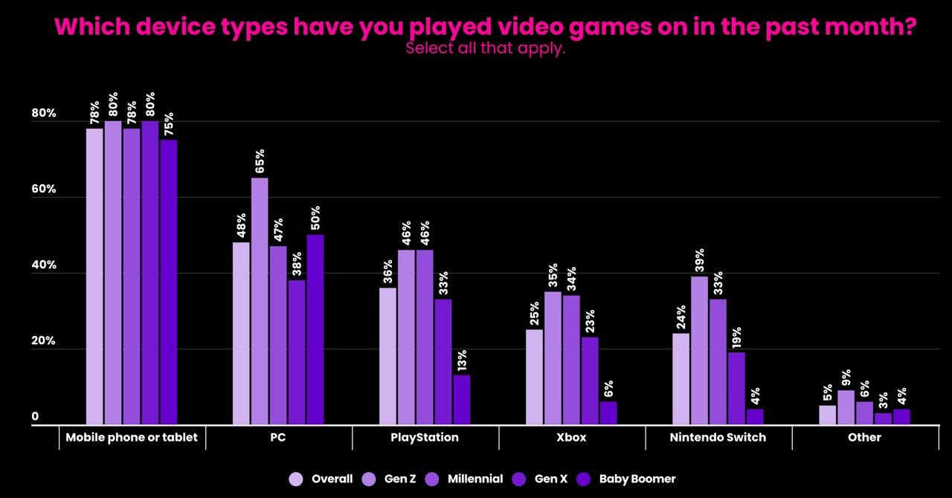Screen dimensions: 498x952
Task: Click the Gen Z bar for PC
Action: coord(260,301)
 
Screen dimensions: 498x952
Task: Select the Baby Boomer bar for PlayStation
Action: coord(461,400)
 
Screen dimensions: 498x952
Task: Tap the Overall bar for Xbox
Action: coord(534,377)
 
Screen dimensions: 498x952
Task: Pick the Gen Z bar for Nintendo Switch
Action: coord(699,350)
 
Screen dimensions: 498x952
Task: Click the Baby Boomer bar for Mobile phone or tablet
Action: coord(168,282)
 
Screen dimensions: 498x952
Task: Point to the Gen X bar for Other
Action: coord(883,419)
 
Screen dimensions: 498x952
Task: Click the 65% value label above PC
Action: coord(260,161)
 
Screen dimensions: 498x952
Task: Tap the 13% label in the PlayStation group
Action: coord(461,360)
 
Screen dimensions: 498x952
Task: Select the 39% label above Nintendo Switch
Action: coord(699,261)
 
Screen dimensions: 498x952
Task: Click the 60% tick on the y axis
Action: coord(44,190)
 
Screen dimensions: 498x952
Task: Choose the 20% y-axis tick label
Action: coord(44,342)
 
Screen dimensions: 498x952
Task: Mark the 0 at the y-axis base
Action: coord(35,418)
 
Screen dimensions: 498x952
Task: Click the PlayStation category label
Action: coord(425,437)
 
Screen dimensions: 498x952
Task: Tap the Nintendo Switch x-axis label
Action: coord(718,437)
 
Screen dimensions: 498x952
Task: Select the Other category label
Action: coord(864,437)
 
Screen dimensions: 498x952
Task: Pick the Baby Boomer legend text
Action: coord(637,479)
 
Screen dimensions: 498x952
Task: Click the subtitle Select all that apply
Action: coord(486,49)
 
